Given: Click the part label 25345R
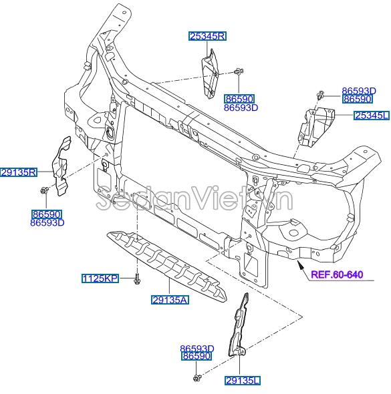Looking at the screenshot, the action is point(207,37).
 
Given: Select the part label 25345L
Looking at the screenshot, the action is point(372,116).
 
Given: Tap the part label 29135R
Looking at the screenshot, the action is point(19,172).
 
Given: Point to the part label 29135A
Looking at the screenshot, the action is point(170,300).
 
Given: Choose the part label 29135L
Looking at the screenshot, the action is point(243,381).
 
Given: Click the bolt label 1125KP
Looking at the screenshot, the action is point(100,278).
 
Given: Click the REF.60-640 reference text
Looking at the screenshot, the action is point(337,274).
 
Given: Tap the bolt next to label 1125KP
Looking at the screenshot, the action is point(137,279).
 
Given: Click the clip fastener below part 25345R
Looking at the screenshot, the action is point(239,71).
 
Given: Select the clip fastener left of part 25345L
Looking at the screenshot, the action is point(320,95).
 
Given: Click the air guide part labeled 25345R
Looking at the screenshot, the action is point(211,74).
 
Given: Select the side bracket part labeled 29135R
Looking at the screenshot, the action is point(61,166).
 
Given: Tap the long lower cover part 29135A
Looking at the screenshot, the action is point(166,266).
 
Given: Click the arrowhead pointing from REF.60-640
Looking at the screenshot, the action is point(299,264).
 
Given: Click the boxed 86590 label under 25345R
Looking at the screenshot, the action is point(239,99).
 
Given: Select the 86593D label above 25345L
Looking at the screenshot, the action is point(359,91).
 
